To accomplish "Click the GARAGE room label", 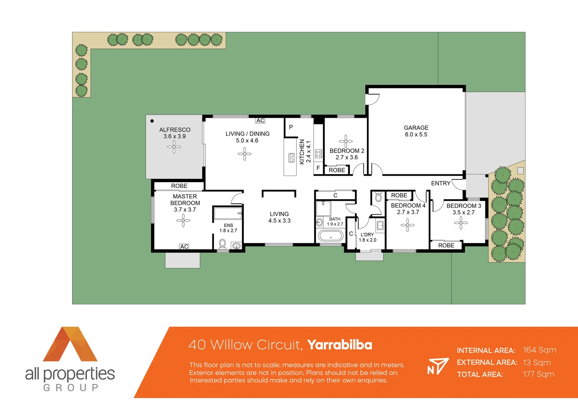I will (x=416, y=128).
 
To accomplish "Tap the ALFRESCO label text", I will (x=174, y=130).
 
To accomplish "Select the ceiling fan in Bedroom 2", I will (x=346, y=141).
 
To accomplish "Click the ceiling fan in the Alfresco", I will (x=174, y=147).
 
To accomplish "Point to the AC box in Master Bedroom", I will (x=184, y=247).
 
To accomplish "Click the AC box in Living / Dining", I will (x=260, y=121).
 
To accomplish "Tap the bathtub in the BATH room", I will (x=331, y=236).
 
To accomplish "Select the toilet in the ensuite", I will (x=222, y=244).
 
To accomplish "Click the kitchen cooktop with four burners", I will (x=319, y=153).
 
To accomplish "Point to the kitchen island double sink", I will (x=291, y=158).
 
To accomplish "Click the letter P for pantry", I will (x=291, y=127).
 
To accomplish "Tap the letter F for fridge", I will (x=318, y=168).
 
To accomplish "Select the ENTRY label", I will (x=441, y=183).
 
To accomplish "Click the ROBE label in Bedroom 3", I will (x=446, y=246).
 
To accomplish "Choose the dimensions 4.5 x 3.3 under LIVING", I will (x=279, y=221).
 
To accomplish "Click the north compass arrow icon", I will (x=438, y=366).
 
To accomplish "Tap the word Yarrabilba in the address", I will (x=339, y=345).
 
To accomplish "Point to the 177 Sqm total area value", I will (x=538, y=374).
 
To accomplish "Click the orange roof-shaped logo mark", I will (x=70, y=344).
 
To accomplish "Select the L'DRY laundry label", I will (x=367, y=235).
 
